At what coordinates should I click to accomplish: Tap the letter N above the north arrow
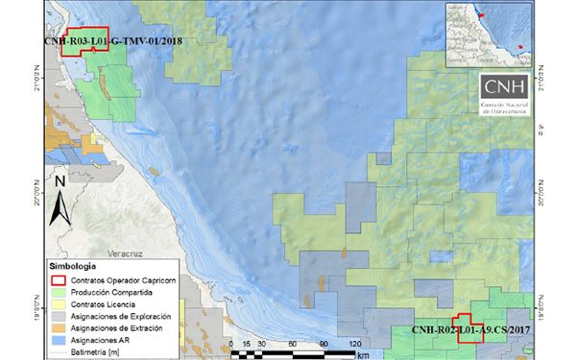60,179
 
